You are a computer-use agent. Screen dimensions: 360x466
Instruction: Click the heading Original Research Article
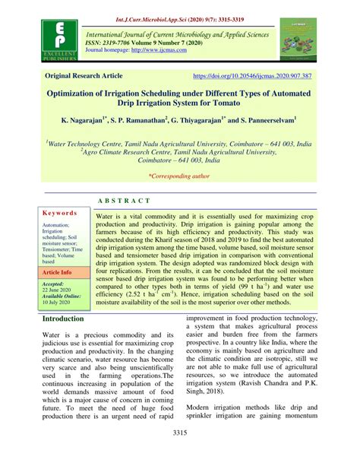[x=84, y=77]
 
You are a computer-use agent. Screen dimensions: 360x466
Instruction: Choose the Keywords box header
[x=58, y=214]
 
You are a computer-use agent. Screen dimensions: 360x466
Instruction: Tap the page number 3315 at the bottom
[x=180, y=453]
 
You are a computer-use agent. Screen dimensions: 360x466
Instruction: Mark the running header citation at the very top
[x=181, y=8]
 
